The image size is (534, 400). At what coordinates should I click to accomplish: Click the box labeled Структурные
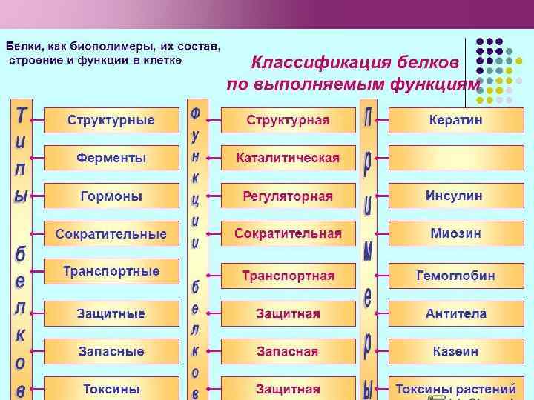111,120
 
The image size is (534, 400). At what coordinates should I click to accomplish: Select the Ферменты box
111,158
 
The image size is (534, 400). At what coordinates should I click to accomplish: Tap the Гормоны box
111,196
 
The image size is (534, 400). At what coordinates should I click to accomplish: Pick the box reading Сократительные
111,234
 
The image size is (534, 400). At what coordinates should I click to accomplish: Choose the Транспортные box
111,271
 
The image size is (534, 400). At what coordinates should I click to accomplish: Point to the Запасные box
111,351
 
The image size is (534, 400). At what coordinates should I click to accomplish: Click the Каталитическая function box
288,158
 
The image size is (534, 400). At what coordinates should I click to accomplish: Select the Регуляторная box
288,196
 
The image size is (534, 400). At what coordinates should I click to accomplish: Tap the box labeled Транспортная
288,276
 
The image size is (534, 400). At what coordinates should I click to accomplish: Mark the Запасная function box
288,351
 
